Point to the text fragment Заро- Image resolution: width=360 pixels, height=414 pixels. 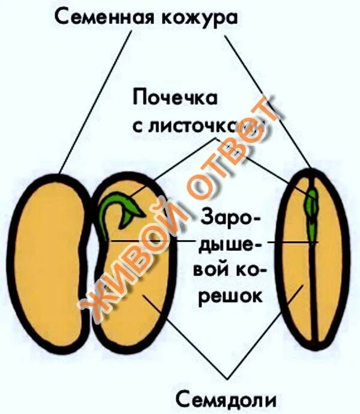[231, 218]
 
